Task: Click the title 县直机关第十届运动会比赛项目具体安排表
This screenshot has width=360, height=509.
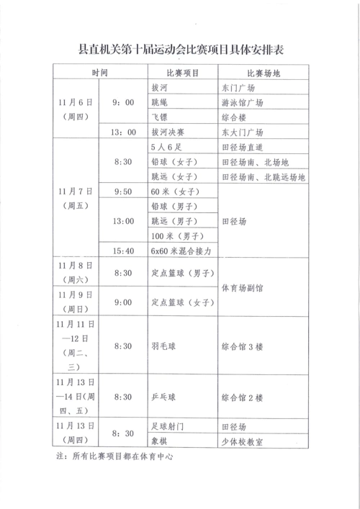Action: (x=180, y=50)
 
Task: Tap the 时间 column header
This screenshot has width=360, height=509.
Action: (x=100, y=73)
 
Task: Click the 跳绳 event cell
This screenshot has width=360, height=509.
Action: (x=161, y=102)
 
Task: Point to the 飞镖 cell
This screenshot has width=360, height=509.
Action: (x=161, y=117)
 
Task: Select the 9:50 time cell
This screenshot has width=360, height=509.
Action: (x=124, y=192)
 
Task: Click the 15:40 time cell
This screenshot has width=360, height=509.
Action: (x=124, y=251)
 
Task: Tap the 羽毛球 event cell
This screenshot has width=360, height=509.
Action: (x=163, y=346)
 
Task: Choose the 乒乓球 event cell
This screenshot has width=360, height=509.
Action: (x=163, y=397)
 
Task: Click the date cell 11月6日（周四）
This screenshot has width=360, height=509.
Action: (x=78, y=110)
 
